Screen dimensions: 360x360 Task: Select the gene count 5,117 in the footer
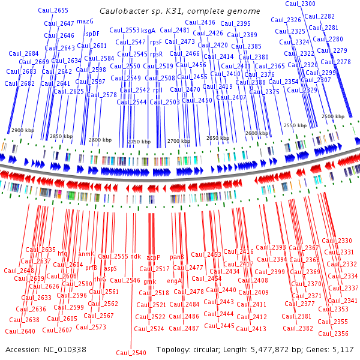[342, 349]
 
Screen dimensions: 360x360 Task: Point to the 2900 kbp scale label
[22, 130]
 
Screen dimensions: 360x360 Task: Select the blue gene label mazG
[85, 21]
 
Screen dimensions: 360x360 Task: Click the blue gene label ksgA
[148, 30]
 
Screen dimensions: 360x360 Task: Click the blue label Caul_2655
[53, 10]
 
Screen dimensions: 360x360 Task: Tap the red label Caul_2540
[131, 353]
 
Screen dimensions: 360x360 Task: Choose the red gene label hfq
[62, 254]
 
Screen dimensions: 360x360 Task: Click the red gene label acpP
[154, 257]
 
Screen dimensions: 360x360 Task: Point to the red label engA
[174, 281]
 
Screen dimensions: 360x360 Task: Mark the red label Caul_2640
[20, 331]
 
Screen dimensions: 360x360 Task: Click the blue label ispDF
[92, 34]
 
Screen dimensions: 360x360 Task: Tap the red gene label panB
[177, 257]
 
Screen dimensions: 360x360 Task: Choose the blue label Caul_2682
[20, 83]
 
